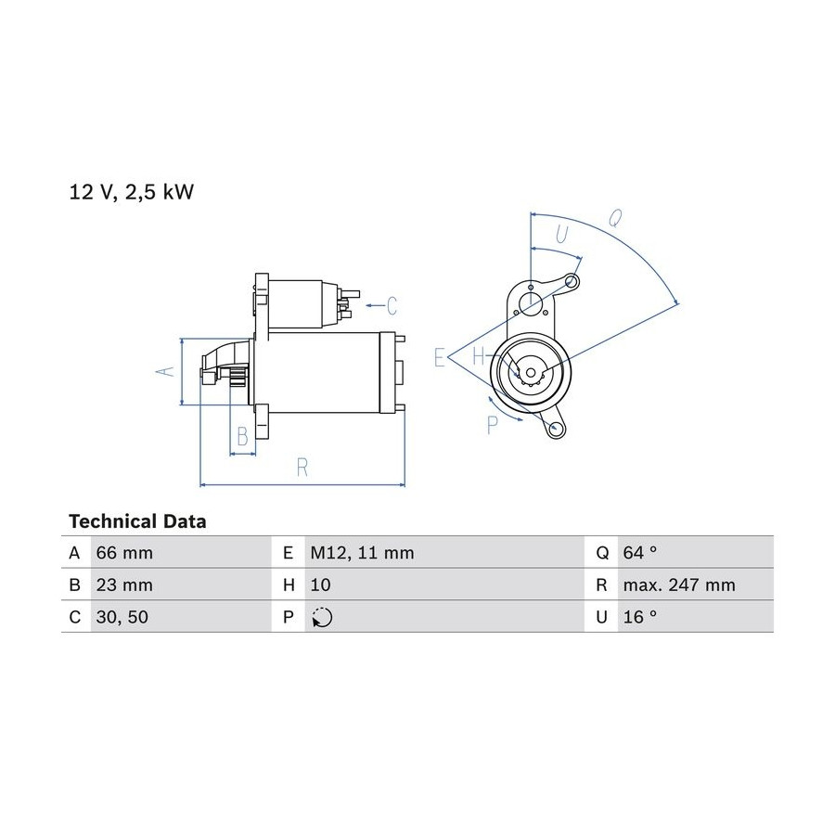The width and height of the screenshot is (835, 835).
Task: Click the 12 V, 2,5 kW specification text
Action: point(132,192)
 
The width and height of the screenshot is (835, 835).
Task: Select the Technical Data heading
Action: point(137,520)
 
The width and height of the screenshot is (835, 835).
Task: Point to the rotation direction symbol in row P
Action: point(322,617)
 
